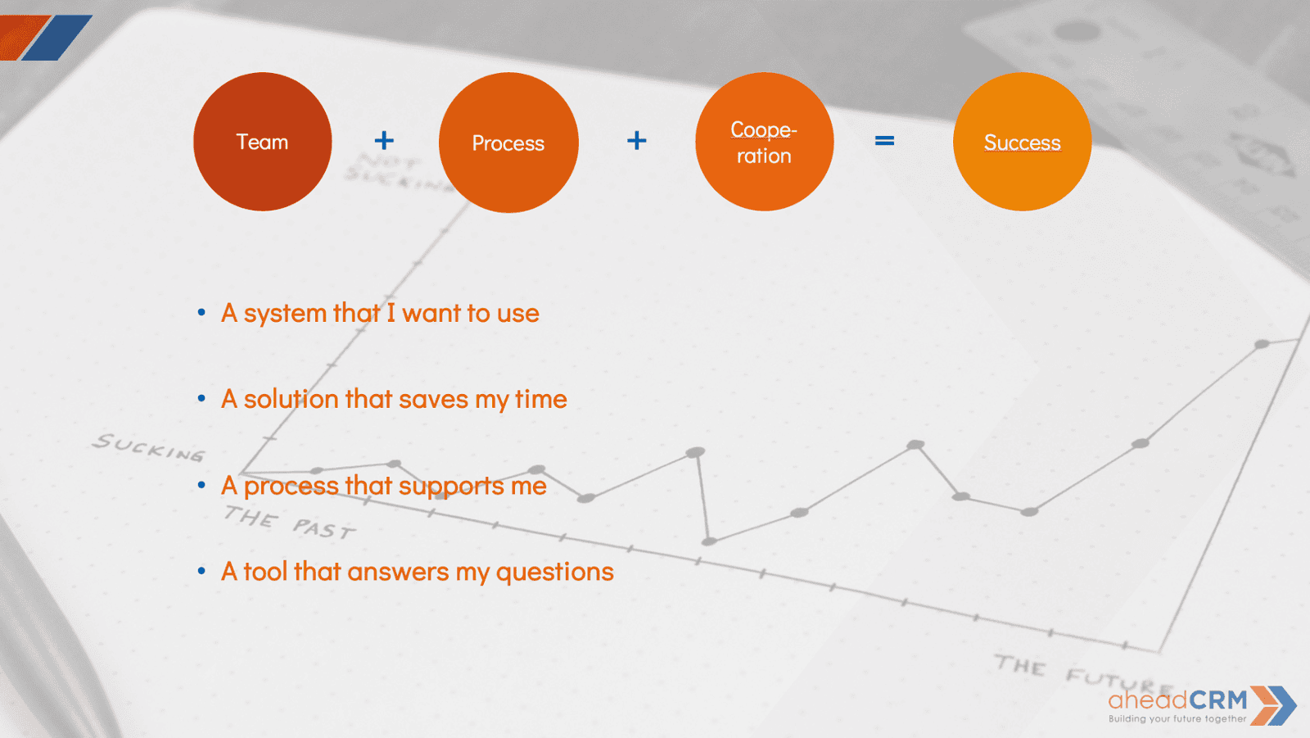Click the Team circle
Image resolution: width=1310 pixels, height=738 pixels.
click(x=263, y=142)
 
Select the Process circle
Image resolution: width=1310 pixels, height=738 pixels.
click(x=508, y=143)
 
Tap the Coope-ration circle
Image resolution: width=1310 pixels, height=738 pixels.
click(x=764, y=142)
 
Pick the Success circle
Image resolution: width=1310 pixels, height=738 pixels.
click(x=1022, y=142)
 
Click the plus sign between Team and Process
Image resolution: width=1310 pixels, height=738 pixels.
click(x=384, y=141)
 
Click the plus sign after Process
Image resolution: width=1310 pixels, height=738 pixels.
click(x=637, y=141)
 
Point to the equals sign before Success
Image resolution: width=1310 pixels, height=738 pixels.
click(x=884, y=141)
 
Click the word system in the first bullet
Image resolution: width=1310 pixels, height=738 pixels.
click(x=285, y=314)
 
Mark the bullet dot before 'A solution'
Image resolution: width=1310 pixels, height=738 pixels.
click(x=201, y=399)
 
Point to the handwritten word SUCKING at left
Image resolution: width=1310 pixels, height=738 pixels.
click(x=148, y=447)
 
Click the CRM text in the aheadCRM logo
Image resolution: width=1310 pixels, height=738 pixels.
click(x=1218, y=700)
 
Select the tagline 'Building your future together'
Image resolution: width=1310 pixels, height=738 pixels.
click(x=1177, y=719)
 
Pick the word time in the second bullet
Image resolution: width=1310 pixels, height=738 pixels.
click(x=540, y=400)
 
